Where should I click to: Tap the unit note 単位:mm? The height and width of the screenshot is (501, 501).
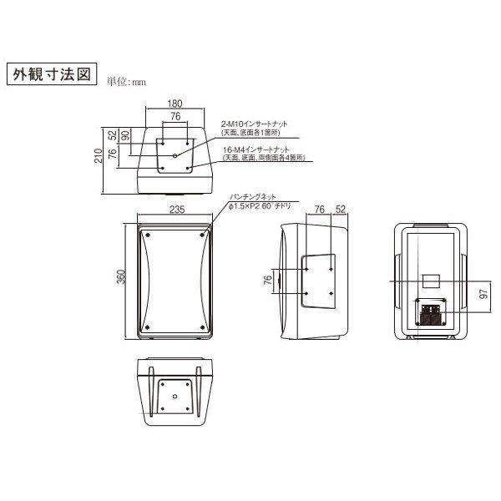125,82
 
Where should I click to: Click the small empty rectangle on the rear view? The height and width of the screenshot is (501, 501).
431,279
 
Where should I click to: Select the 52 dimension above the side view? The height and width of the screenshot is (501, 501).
341,210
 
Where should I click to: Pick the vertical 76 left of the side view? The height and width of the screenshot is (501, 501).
268,281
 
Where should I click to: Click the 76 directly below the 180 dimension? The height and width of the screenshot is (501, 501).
175,117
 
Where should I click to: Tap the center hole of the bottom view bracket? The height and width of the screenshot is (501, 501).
175,397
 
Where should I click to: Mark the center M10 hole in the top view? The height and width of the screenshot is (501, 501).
175,155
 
